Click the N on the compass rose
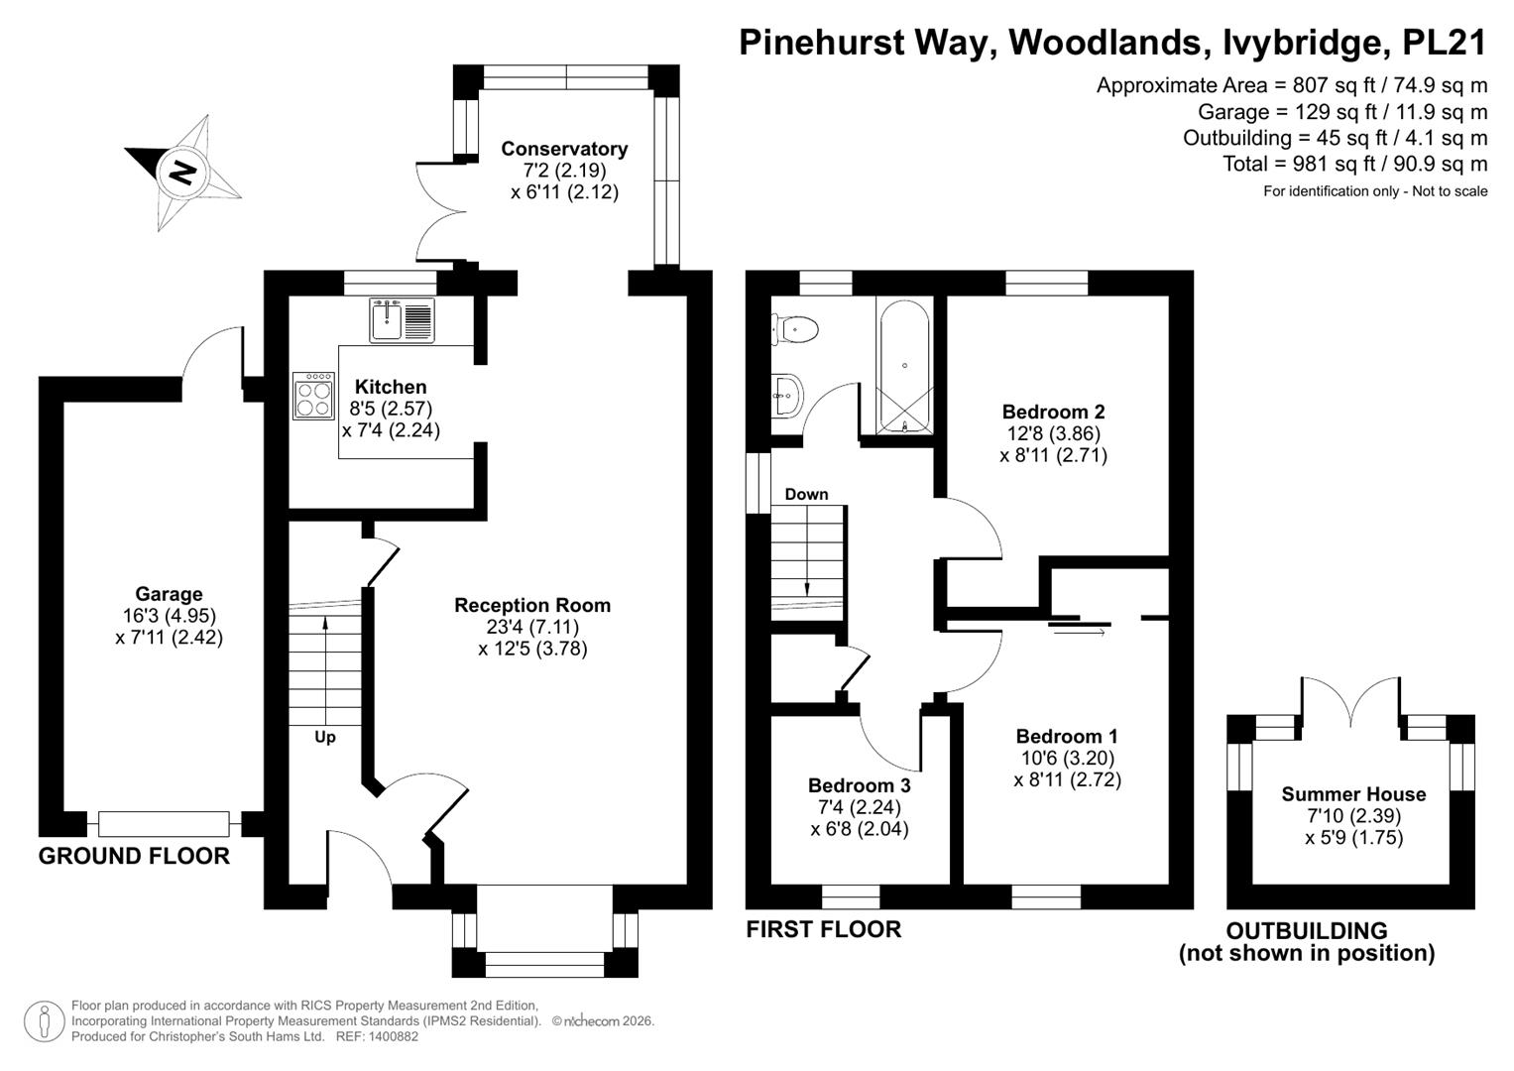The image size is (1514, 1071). (181, 173)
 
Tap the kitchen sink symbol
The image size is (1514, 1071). (402, 319)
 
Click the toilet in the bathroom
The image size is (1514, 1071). (795, 330)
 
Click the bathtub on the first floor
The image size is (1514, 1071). (904, 365)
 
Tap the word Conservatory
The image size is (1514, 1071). (564, 149)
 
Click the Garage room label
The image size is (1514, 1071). (169, 594)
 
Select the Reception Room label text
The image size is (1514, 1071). (531, 605)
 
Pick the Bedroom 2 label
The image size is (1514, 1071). (1053, 412)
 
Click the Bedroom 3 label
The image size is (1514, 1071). (859, 785)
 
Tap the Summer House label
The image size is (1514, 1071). (1353, 793)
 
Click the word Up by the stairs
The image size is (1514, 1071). (325, 737)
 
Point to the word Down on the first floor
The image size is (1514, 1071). (806, 494)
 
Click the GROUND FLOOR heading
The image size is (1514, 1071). (134, 856)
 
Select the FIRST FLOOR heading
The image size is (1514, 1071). (823, 929)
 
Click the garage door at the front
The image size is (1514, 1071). (164, 823)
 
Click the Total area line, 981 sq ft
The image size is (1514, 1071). (1355, 164)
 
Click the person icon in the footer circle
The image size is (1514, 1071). (45, 1021)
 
